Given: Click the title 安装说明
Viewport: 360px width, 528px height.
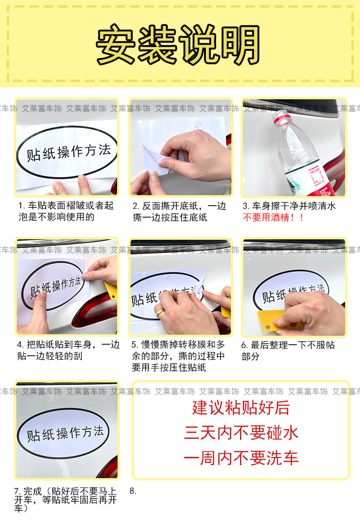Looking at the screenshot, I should (x=179, y=45).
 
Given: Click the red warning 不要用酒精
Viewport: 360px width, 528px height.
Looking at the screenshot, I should (x=274, y=217).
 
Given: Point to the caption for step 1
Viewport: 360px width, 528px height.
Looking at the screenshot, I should (x=66, y=211).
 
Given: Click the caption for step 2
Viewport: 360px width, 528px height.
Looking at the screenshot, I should (x=179, y=211).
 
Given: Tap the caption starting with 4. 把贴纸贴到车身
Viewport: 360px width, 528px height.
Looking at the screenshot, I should (x=68, y=350).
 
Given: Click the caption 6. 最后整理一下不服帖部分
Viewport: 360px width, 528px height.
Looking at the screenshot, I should (x=288, y=351).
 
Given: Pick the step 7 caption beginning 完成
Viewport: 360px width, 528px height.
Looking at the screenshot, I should (x=66, y=499).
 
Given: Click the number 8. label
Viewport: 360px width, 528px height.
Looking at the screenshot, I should (x=133, y=491).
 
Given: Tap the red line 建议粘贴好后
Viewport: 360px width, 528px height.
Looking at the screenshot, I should (x=241, y=408).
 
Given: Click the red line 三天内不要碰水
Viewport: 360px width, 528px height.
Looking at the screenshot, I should (x=241, y=433).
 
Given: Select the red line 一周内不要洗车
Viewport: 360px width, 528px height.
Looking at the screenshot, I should (x=241, y=458).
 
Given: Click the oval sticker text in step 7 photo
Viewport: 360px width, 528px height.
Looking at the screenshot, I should (x=65, y=433).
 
